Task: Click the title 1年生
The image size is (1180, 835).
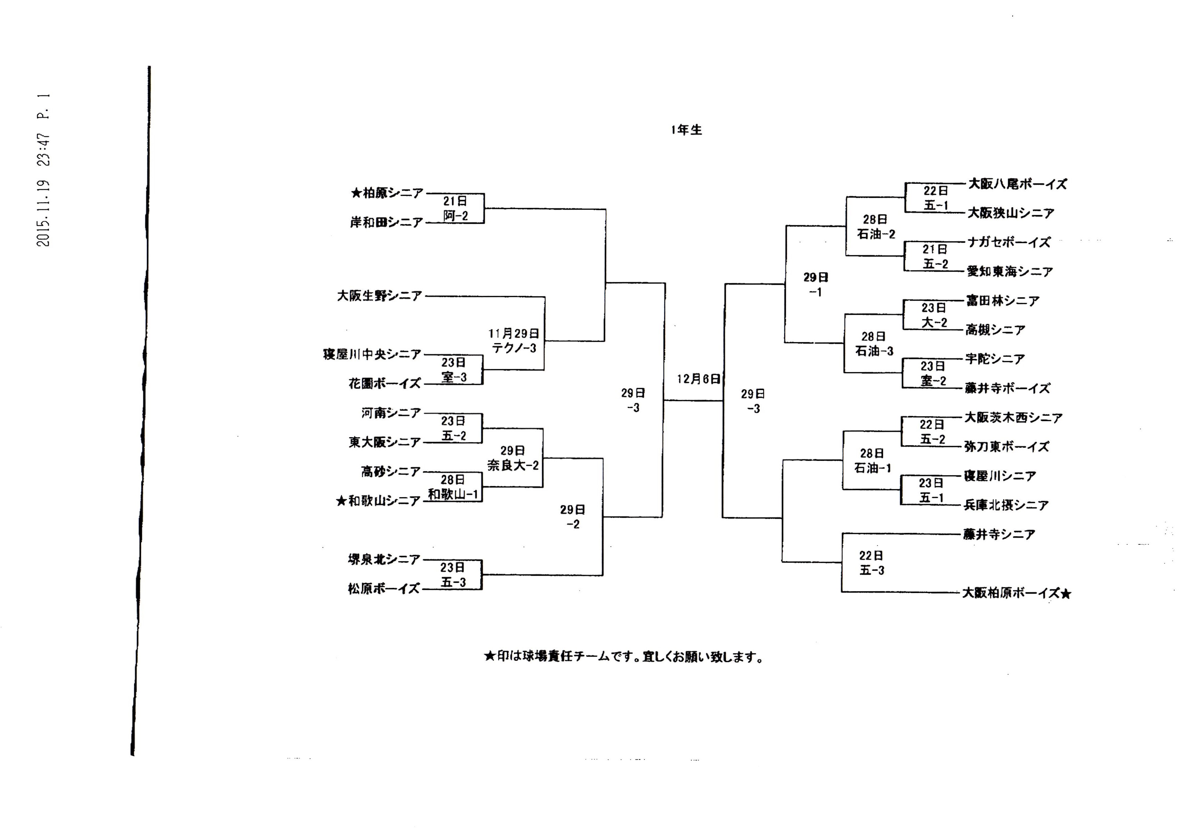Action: pyautogui.click(x=686, y=130)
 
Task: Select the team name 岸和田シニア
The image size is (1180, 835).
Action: pyautogui.click(x=387, y=222)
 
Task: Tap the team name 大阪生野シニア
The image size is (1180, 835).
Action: pyautogui.click(x=379, y=296)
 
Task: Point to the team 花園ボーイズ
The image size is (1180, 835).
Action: pyautogui.click(x=385, y=384)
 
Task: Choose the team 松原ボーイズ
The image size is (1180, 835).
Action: pyautogui.click(x=384, y=589)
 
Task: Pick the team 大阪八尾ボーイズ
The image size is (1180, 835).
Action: pyautogui.click(x=1017, y=184)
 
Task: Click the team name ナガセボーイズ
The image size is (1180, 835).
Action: pyautogui.click(x=1009, y=242)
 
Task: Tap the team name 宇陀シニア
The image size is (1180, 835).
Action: pyautogui.click(x=995, y=359)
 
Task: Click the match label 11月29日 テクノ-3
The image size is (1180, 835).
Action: pyautogui.click(x=514, y=341)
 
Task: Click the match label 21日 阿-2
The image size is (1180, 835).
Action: pyautogui.click(x=455, y=209)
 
